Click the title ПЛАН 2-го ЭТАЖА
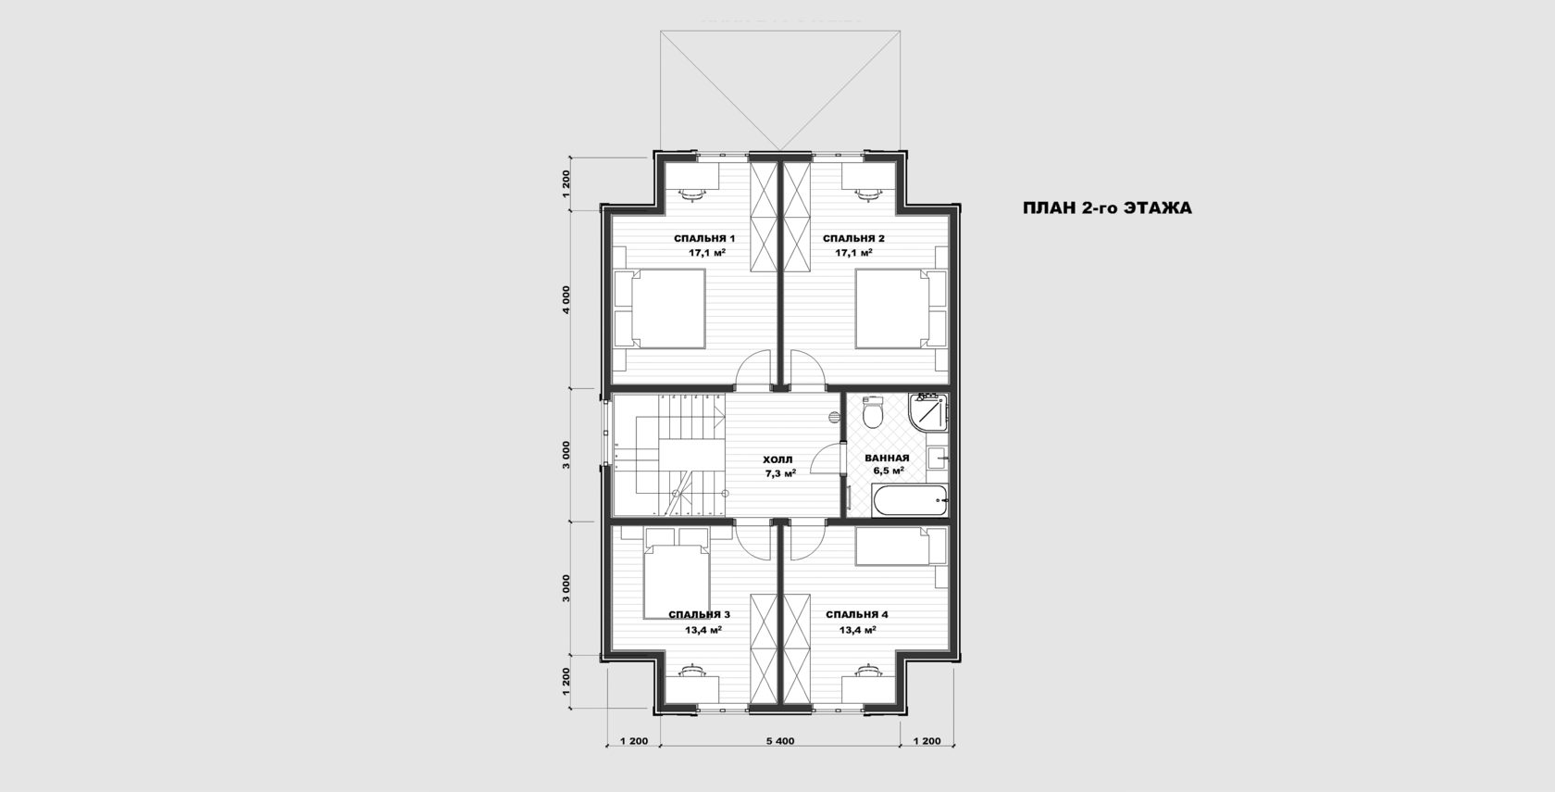click(1107, 208)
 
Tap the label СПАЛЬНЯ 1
click(704, 238)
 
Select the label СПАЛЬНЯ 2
click(853, 238)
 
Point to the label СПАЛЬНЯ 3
click(699, 615)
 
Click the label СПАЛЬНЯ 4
click(857, 615)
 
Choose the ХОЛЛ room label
click(777, 459)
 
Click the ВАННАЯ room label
click(887, 459)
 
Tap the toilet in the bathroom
click(872, 411)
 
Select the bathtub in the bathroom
click(909, 500)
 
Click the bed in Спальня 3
click(677, 573)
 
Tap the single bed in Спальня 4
click(902, 547)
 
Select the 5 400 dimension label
click(780, 741)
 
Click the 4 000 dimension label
click(566, 299)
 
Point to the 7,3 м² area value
click(780, 474)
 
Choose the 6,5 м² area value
click(889, 471)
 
